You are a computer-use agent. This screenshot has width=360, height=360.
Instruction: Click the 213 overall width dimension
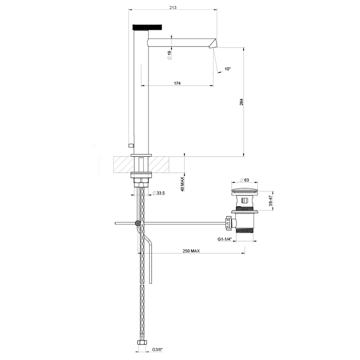point(172,7)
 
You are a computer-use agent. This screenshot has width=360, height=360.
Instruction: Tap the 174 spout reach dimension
point(177,83)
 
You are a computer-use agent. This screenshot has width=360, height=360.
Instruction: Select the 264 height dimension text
point(241,102)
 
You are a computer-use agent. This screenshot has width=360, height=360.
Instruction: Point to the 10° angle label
point(228,69)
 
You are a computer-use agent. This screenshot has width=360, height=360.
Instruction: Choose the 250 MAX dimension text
point(191,251)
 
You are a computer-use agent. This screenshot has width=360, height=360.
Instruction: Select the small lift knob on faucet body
point(131,145)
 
